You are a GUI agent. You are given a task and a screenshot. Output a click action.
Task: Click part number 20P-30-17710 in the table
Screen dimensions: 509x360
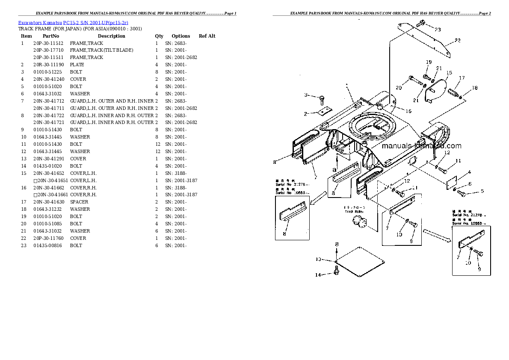click(x=48, y=50)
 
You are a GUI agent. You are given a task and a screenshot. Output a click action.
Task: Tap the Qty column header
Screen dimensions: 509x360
click(x=159, y=36)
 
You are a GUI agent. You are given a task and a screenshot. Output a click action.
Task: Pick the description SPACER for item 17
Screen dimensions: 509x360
click(x=79, y=202)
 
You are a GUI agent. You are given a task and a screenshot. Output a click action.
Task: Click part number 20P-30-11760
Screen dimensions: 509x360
click(x=48, y=239)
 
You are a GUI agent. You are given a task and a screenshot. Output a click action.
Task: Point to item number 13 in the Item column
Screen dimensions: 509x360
click(x=24, y=159)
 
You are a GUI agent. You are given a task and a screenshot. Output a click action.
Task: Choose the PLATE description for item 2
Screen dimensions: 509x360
click(x=77, y=65)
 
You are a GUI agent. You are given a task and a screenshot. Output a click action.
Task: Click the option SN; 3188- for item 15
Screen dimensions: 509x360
click(x=175, y=173)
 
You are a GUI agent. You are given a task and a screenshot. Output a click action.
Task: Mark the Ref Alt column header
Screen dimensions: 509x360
click(x=207, y=36)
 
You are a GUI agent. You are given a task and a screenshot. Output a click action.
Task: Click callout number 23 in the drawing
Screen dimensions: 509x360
click(x=437, y=30)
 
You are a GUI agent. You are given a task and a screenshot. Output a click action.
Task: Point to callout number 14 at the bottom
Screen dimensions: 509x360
click(x=318, y=275)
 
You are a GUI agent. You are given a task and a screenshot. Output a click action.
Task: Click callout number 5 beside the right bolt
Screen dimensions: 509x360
click(x=482, y=191)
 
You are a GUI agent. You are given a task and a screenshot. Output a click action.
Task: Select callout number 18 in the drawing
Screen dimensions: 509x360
click(x=474, y=88)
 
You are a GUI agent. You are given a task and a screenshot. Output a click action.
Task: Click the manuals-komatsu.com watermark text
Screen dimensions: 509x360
click(x=421, y=146)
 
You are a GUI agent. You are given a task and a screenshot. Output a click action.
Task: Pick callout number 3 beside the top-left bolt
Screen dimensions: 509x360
click(x=306, y=95)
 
